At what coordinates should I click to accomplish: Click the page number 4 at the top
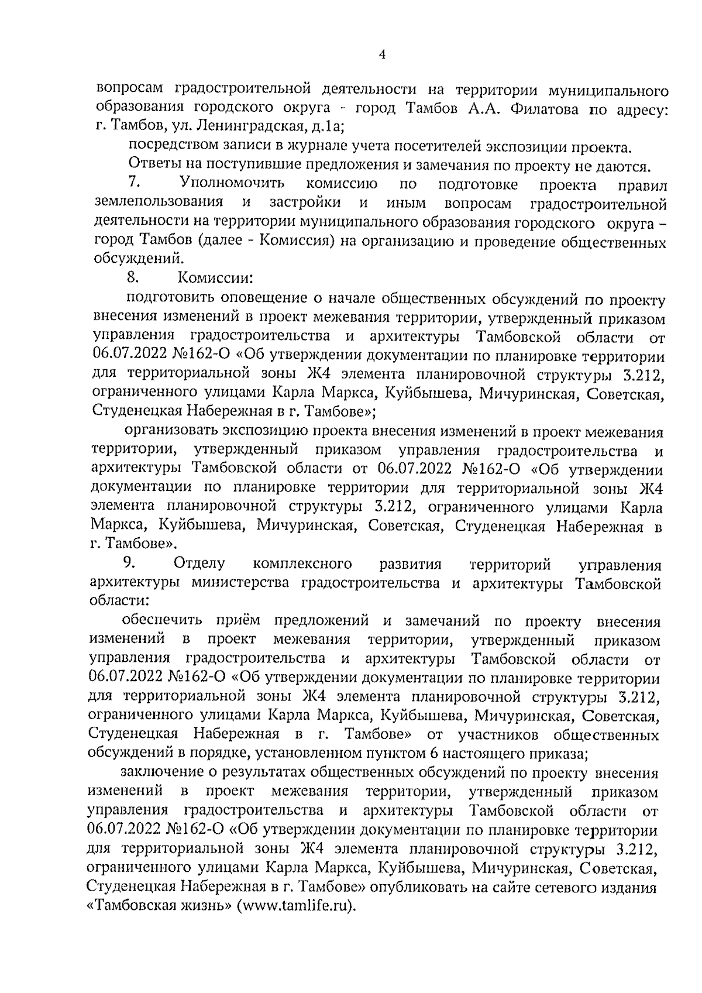[383, 55]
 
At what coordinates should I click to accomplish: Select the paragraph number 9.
[129, 563]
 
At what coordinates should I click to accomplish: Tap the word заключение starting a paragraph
[161, 774]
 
